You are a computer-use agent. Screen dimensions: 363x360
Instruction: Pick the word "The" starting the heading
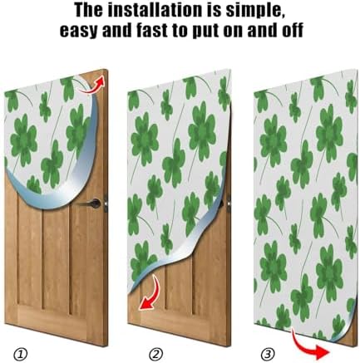pyautogui.click(x=77, y=12)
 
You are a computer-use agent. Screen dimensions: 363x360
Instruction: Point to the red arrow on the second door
pyautogui.click(x=150, y=294)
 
